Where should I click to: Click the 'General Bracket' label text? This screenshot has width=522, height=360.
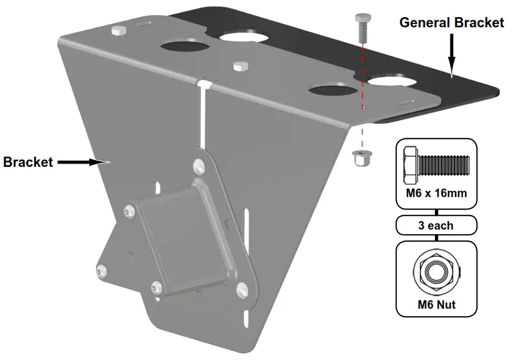pyautogui.click(x=451, y=23)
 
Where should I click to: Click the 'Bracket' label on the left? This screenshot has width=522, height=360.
pyautogui.click(x=28, y=162)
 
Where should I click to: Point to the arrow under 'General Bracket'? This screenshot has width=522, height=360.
pyautogui.click(x=451, y=55)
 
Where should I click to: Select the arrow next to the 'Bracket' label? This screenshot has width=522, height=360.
pyautogui.click(x=83, y=162)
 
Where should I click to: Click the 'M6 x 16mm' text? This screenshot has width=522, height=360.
pyautogui.click(x=437, y=193)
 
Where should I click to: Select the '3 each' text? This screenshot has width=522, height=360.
pyautogui.click(x=437, y=226)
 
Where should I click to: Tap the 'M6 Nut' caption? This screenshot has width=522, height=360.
pyautogui.click(x=437, y=304)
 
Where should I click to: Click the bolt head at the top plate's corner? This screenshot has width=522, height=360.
pyautogui.click(x=119, y=30)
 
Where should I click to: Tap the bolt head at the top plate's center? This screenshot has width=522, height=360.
pyautogui.click(x=240, y=66)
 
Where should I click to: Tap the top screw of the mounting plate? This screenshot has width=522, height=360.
pyautogui.click(x=199, y=166)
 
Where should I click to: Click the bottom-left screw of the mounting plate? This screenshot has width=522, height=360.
pyautogui.click(x=102, y=272)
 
